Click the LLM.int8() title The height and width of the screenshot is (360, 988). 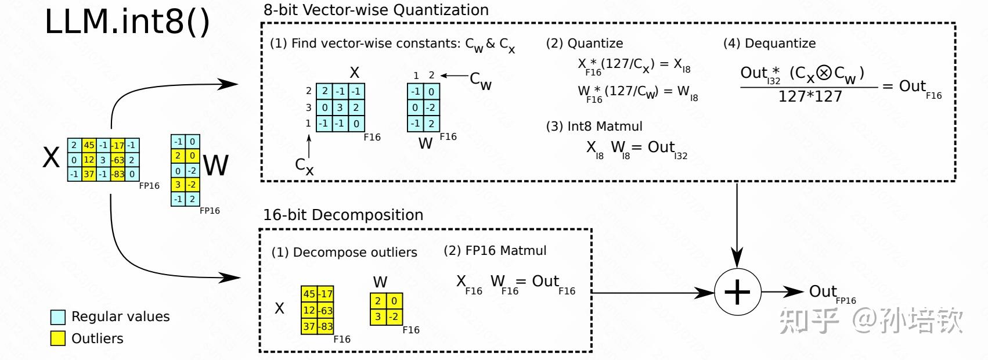pos(127,22)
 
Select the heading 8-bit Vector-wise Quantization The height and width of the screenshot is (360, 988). pos(376,10)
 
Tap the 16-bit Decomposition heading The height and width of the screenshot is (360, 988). pos(343,215)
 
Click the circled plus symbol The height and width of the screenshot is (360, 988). pos(737,292)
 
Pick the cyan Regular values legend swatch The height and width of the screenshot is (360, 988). pos(58,317)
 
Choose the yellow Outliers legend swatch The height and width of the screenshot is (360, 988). pos(58,339)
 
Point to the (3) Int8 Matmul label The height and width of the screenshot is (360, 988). pos(594,126)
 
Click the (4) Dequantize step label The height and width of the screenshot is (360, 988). pos(770,43)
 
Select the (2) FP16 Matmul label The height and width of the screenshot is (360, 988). pos(495,251)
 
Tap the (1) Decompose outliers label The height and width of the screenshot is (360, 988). pos(344,253)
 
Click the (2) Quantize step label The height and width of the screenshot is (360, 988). pos(585,43)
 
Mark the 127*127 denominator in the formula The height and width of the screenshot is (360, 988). pos(810,96)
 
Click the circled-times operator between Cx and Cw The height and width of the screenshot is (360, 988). pos(824,73)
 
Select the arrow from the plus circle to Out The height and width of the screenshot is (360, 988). pos(783,291)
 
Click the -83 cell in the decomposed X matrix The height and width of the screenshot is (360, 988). pos(326,327)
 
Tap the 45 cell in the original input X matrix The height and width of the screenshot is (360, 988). pos(89,145)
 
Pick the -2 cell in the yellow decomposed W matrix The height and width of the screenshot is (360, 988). pos(394,317)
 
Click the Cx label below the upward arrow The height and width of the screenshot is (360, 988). pos(304,166)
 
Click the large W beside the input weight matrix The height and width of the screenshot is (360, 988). pos(216,165)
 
